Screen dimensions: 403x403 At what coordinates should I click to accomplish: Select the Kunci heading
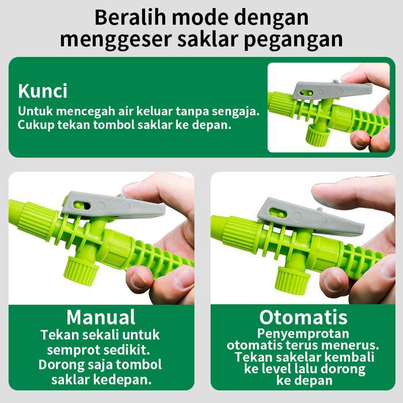pyautogui.click(x=43, y=91)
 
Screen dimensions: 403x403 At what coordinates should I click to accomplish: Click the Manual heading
pyautogui.click(x=101, y=317)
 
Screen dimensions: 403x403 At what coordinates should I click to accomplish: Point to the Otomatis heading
pyautogui.click(x=303, y=317)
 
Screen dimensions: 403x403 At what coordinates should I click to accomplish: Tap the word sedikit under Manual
pyautogui.click(x=132, y=349)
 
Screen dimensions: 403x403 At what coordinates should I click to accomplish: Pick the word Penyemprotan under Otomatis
pyautogui.click(x=303, y=333)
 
